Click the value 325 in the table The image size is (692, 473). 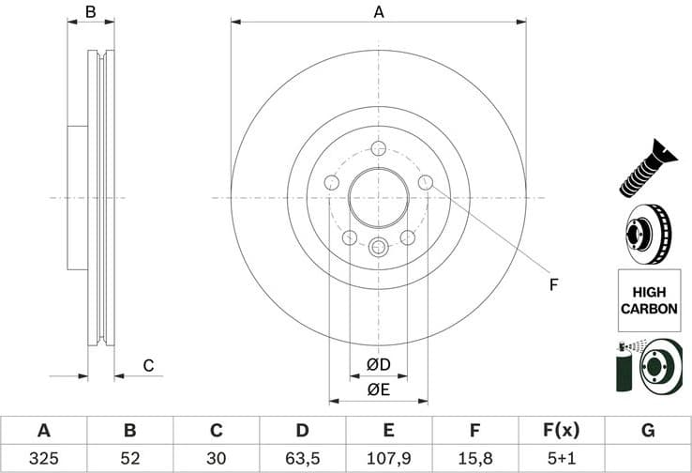coord(43,459)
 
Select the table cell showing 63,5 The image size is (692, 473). coord(302,459)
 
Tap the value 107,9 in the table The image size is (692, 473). coord(388,459)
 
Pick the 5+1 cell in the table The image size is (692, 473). coord(561,459)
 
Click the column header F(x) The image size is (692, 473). coord(561,431)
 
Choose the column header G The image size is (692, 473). coord(647,431)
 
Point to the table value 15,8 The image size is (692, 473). coord(474,459)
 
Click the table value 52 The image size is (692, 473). coord(129,459)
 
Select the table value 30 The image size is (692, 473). coord(216,459)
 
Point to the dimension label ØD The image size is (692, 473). coord(379,363)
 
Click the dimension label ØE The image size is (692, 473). coord(379,389)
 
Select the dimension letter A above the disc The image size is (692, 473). coord(379,12)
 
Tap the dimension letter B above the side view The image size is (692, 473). coord(91,12)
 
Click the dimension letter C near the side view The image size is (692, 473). coord(147,366)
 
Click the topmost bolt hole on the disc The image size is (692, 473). coord(379,148)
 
